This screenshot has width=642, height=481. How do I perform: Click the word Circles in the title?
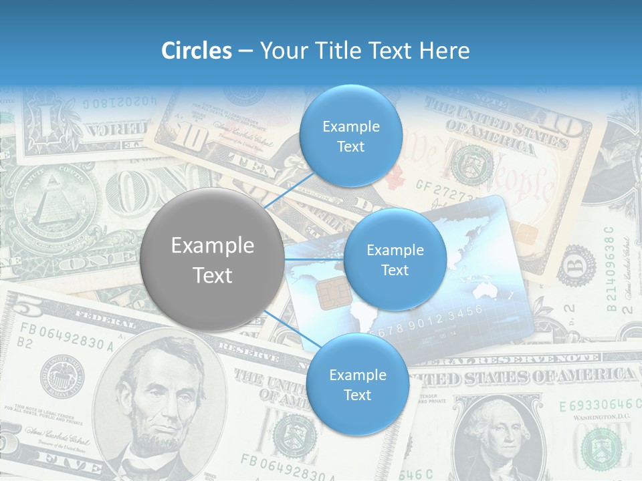[x=197, y=51]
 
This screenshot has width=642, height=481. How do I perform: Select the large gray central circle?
[x=212, y=260]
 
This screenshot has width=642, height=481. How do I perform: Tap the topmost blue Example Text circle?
[x=350, y=136]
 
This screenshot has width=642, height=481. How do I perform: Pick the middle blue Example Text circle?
[x=395, y=260]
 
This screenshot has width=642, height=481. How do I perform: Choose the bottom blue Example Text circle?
[x=356, y=385]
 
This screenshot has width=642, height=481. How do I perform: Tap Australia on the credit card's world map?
[x=485, y=291]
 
